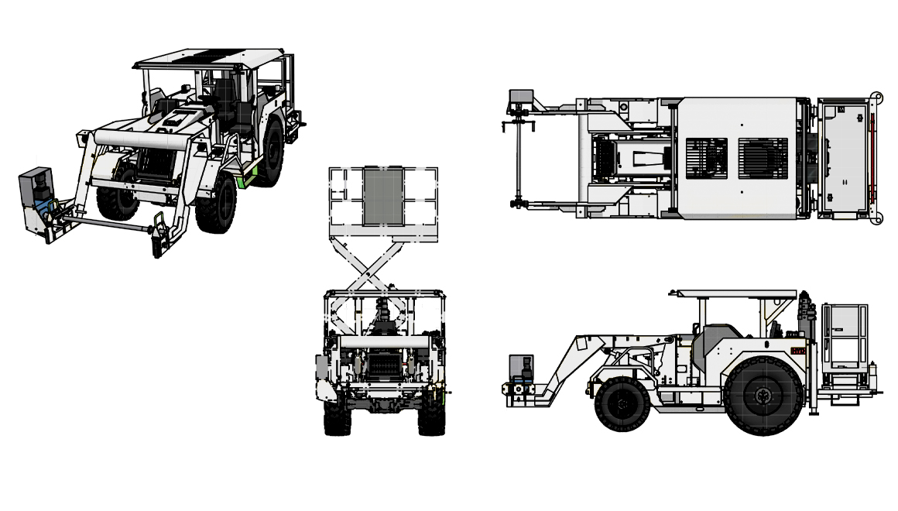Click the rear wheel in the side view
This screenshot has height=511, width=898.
(763, 395)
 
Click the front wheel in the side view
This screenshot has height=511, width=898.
(622, 403)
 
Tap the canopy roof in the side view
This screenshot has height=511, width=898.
(734, 294)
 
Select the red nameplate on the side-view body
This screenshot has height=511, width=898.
(798, 351)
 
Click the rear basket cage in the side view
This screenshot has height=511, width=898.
(845, 337)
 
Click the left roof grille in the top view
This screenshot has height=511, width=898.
(706, 158)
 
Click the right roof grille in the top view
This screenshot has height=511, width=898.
(763, 158)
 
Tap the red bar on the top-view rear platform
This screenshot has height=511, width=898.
(869, 158)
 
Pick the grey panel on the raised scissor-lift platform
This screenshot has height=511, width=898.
(383, 198)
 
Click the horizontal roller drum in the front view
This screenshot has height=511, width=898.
(383, 341)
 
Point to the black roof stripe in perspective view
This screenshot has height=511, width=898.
(211, 56)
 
